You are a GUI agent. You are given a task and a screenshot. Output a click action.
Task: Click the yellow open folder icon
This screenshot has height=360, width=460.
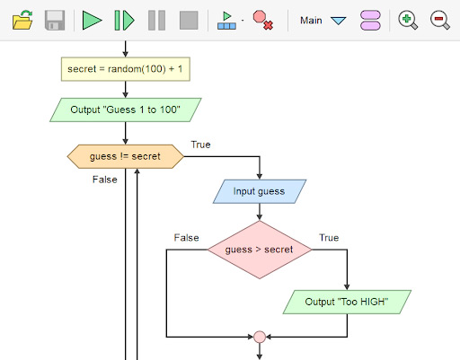pyautogui.click(x=22, y=20)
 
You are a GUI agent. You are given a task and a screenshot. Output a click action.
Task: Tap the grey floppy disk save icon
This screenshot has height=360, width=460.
pyautogui.click(x=55, y=20)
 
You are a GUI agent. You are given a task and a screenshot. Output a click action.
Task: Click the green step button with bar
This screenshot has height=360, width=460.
pyautogui.click(x=124, y=20)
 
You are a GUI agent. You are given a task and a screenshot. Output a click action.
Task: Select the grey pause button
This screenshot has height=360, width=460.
pyautogui.click(x=156, y=20)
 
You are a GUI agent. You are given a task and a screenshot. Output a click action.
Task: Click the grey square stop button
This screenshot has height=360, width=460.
pyautogui.click(x=189, y=20)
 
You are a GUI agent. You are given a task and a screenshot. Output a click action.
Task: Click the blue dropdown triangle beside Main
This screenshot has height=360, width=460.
pyautogui.click(x=339, y=21)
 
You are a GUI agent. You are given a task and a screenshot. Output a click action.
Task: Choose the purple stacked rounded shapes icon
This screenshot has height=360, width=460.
pyautogui.click(x=370, y=20)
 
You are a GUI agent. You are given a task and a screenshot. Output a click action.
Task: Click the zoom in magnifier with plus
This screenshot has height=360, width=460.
pyautogui.click(x=408, y=20)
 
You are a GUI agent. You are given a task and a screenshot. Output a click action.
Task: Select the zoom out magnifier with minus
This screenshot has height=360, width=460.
pyautogui.click(x=440, y=20)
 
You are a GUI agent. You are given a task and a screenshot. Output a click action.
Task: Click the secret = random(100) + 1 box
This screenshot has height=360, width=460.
pyautogui.click(x=126, y=69)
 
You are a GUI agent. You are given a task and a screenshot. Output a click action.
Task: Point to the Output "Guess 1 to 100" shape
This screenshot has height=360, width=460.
pyautogui.click(x=126, y=110)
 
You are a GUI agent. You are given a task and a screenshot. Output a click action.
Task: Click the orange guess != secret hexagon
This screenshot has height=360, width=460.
pyautogui.click(x=126, y=156)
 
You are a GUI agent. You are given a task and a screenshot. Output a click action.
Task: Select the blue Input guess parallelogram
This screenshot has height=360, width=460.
pyautogui.click(x=260, y=191)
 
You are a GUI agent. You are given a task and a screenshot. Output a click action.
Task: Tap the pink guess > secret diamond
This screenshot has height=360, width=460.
pyautogui.click(x=260, y=250)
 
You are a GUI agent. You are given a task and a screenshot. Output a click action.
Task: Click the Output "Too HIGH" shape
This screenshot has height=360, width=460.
pyautogui.click(x=347, y=302)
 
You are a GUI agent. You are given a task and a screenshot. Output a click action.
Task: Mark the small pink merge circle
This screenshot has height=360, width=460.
pyautogui.click(x=260, y=337)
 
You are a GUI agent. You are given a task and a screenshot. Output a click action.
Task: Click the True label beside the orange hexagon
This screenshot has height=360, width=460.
pyautogui.click(x=200, y=145)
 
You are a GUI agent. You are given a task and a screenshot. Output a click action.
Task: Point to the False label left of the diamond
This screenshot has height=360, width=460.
pyautogui.click(x=186, y=238)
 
